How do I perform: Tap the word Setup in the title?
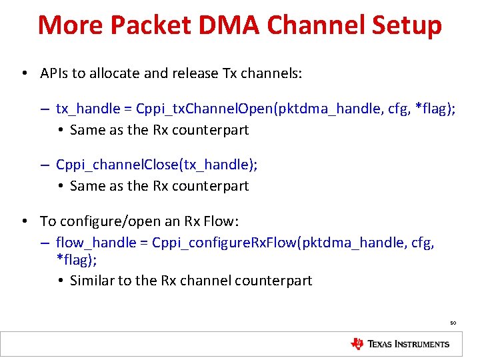click(x=407, y=25)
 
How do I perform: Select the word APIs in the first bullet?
click(x=54, y=73)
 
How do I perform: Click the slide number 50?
click(x=453, y=323)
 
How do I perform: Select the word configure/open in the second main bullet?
click(x=105, y=221)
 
